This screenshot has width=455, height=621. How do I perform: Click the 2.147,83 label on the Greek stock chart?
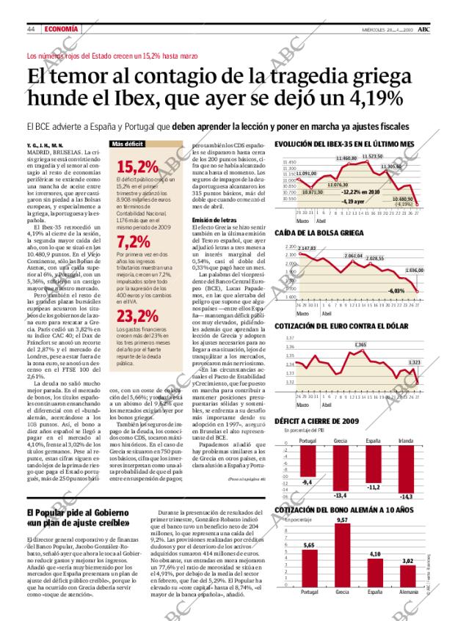307,249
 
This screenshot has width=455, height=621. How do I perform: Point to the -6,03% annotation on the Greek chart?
396,291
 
